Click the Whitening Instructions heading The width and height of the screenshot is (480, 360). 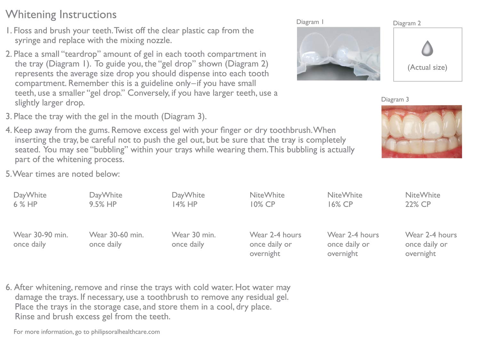61,14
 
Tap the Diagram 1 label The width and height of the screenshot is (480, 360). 310,22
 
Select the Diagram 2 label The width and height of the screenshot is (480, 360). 407,23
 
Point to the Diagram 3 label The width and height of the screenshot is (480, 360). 395,99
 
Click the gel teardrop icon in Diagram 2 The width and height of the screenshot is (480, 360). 427,48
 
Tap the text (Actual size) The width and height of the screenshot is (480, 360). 427,67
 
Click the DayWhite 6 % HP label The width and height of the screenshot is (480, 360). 30,199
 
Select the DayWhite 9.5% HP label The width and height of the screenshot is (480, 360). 106,199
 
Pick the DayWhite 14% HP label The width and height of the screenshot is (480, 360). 188,199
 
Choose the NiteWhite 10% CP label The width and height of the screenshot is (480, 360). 267,199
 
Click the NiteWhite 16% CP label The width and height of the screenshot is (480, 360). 345,199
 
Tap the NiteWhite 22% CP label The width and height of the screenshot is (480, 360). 422,199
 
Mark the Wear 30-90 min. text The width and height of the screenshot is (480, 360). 41,235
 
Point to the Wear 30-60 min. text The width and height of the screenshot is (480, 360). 116,235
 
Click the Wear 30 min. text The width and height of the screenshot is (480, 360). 194,235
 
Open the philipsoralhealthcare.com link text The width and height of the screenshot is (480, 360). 125,332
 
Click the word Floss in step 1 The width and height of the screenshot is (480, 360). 23,31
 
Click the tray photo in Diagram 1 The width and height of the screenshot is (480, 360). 338,53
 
